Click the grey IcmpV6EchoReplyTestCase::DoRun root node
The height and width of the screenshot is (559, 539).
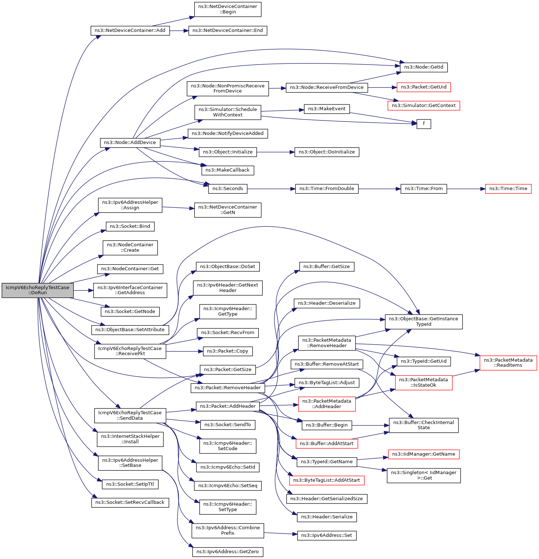(x=38, y=290)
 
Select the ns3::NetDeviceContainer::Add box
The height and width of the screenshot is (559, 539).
(x=130, y=30)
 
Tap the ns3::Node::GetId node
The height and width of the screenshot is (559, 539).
(x=424, y=67)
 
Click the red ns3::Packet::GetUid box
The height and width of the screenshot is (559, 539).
(x=424, y=87)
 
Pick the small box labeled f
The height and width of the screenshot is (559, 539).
(x=424, y=124)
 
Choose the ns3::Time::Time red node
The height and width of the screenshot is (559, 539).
(x=508, y=189)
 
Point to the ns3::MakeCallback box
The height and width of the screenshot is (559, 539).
(x=228, y=170)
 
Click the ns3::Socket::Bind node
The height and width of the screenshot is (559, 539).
(x=130, y=226)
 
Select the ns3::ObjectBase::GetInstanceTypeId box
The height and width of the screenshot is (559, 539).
(x=424, y=322)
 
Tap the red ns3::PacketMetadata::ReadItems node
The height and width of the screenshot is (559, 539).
(x=508, y=363)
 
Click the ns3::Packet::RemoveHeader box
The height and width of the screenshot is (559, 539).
(x=228, y=388)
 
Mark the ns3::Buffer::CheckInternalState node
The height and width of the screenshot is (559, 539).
(x=424, y=425)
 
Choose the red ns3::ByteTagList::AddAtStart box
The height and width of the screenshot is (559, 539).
(x=327, y=480)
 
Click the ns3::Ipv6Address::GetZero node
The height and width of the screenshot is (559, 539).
(x=228, y=552)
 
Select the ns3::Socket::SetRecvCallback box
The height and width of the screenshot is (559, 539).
(x=130, y=502)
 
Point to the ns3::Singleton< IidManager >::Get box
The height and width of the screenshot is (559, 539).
(x=424, y=476)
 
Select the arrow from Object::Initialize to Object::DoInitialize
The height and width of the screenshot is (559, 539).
(x=276, y=152)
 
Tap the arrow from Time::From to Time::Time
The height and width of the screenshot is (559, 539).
(x=466, y=189)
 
